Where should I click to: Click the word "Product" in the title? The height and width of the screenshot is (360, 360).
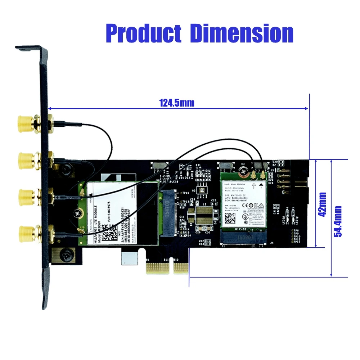click(144, 33)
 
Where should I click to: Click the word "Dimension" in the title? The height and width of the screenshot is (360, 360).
click(242, 33)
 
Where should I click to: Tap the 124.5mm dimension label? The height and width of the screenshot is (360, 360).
click(176, 103)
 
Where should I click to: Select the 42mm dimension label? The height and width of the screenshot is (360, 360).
click(322, 204)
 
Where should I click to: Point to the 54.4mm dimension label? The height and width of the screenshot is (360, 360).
click(338, 221)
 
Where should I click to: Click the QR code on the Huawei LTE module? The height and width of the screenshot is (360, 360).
click(108, 233)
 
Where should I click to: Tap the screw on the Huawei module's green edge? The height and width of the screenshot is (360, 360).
click(77, 213)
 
